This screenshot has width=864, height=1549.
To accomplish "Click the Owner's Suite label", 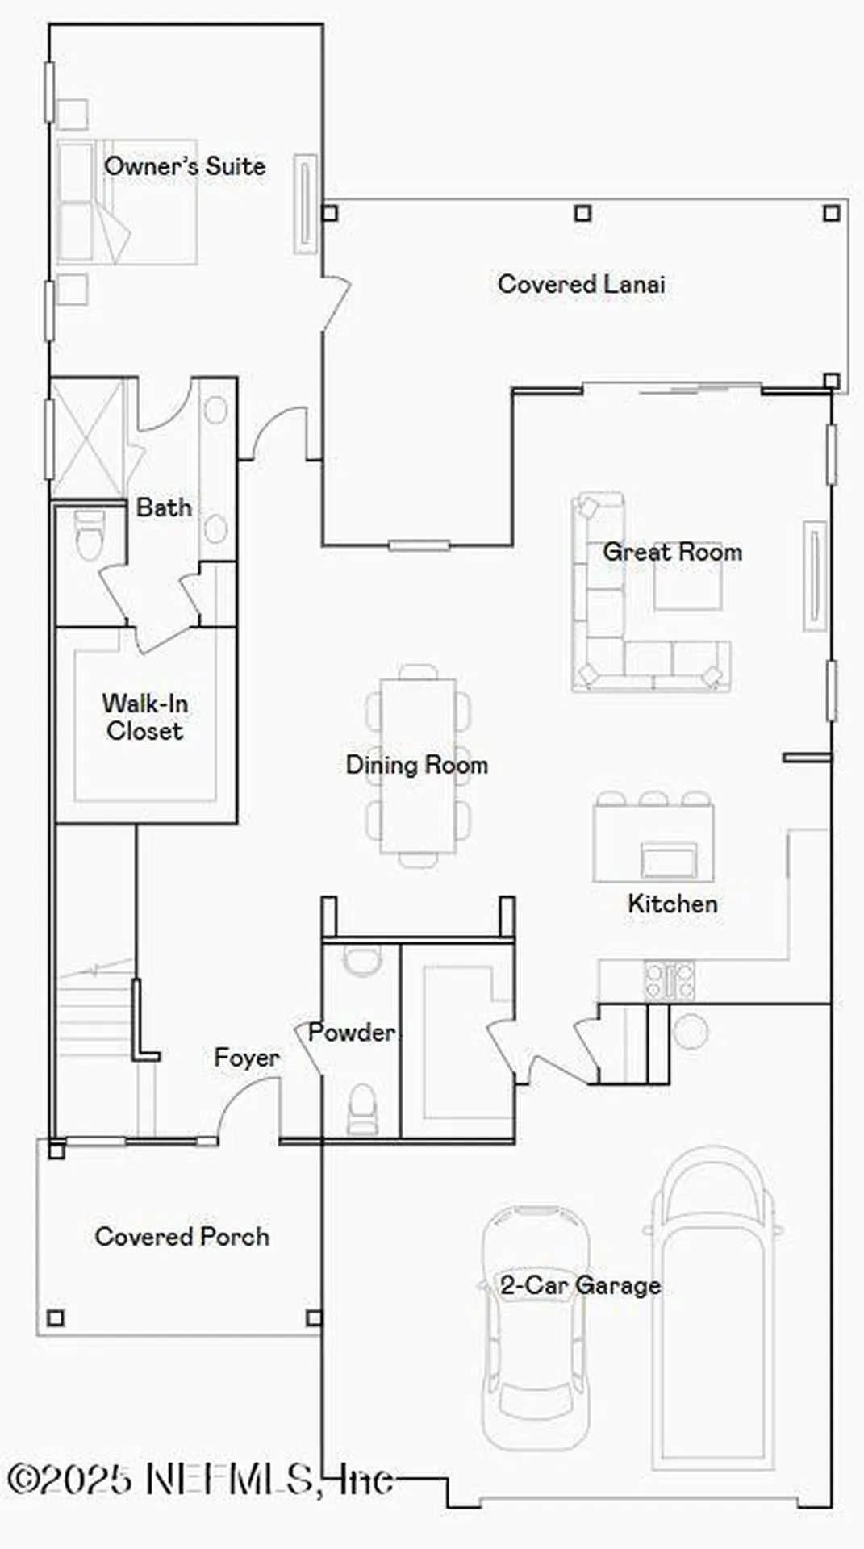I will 185,166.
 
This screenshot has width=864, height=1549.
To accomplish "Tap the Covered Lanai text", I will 581,284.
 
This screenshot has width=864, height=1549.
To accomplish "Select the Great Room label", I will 672,552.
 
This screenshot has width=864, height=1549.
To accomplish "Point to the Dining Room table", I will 418,765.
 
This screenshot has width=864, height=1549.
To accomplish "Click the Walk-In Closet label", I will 145,716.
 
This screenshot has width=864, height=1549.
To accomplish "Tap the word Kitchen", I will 672,904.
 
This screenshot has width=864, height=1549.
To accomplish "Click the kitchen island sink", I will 669,860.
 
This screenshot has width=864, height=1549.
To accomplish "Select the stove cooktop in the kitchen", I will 669,982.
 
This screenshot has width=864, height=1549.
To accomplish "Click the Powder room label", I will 352,1032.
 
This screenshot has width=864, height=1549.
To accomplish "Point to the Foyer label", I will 246,1058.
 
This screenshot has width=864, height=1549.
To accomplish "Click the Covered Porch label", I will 182,1237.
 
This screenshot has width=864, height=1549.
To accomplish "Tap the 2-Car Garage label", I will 580,1285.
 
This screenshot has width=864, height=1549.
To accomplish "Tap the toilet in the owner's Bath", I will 90,535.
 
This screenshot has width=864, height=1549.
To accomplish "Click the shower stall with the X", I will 88,439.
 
